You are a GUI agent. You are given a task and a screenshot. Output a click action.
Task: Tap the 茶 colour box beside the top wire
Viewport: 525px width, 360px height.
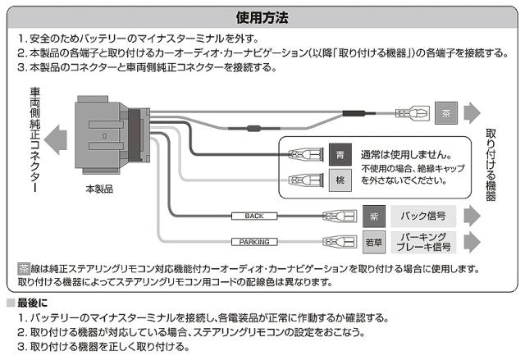pyautogui.click(x=444, y=114)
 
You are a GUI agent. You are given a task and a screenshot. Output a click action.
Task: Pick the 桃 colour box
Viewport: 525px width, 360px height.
pyautogui.click(x=342, y=180)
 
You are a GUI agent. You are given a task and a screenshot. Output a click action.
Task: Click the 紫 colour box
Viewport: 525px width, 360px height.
pyautogui.click(x=374, y=216)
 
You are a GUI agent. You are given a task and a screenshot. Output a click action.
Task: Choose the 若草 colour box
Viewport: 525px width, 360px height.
pyautogui.click(x=374, y=242)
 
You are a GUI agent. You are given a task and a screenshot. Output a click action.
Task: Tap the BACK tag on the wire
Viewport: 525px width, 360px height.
pyautogui.click(x=253, y=216)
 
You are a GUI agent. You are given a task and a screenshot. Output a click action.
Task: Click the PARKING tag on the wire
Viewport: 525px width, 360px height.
pyautogui.click(x=253, y=242)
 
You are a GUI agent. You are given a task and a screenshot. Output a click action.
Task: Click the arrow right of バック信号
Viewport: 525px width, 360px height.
pyautogui.click(x=471, y=216)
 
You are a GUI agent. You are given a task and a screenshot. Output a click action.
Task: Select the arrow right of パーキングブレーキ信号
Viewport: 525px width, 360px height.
pyautogui.click(x=471, y=242)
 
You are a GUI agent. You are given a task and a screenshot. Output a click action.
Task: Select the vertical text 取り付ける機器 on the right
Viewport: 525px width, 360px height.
pyautogui.click(x=491, y=164)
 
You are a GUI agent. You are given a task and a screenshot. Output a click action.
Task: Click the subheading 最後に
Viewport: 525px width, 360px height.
pyautogui.click(x=32, y=303)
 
